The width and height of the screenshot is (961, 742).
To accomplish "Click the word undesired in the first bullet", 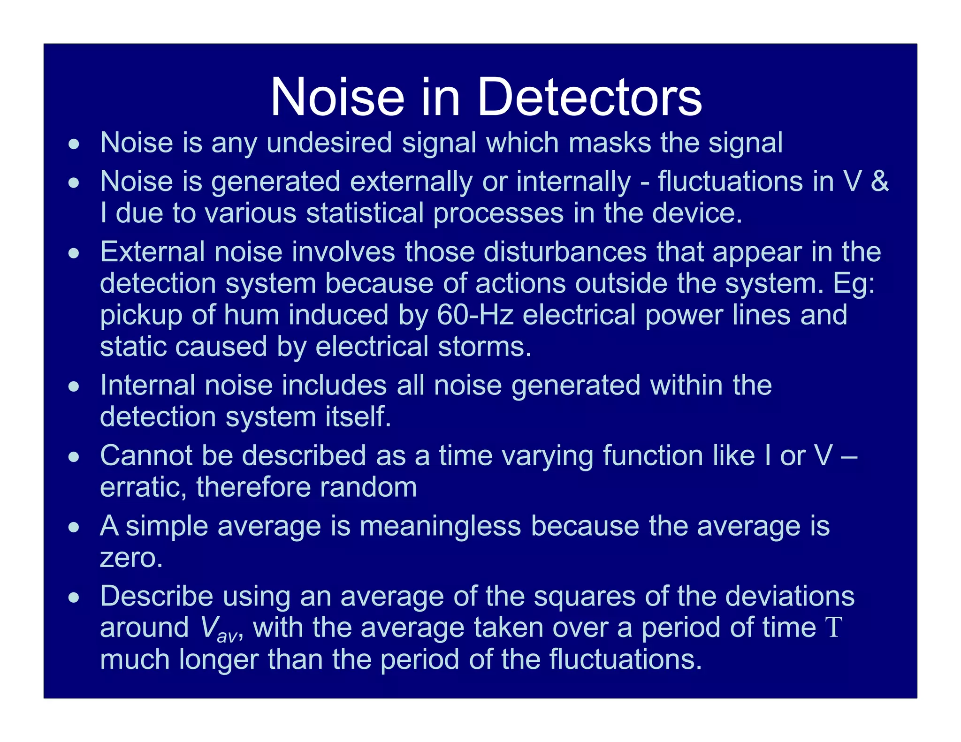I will pyautogui.click(x=329, y=143).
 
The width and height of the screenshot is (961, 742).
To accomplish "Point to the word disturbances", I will pyautogui.click(x=565, y=252).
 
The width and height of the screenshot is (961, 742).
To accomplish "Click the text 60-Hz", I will pyautogui.click(x=475, y=315).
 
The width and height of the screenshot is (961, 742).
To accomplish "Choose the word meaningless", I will pyautogui.click(x=440, y=526).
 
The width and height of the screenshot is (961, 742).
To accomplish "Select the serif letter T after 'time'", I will pyautogui.click(x=834, y=628).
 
